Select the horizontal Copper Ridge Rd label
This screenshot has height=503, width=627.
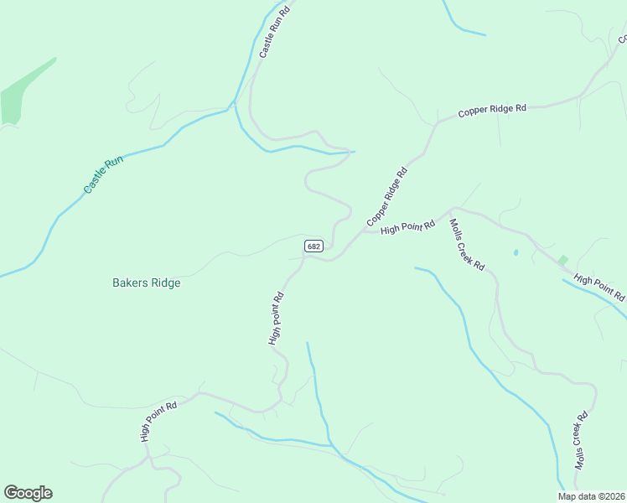(491, 110)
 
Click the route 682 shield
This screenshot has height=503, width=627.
(313, 246)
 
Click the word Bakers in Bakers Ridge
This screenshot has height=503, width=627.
(131, 283)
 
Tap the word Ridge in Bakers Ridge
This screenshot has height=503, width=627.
(166, 283)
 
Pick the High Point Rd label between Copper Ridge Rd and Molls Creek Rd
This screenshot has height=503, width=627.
(408, 226)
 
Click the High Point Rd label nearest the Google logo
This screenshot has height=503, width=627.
(158, 422)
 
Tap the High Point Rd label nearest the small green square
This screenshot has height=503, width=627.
(599, 288)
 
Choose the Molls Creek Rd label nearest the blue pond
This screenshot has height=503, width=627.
(467, 244)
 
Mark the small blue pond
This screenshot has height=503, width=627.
(516, 252)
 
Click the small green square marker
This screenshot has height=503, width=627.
(562, 261)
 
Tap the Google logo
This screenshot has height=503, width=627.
(28, 493)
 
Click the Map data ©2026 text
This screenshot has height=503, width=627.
(592, 496)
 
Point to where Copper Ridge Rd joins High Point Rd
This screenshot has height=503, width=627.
(362, 232)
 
